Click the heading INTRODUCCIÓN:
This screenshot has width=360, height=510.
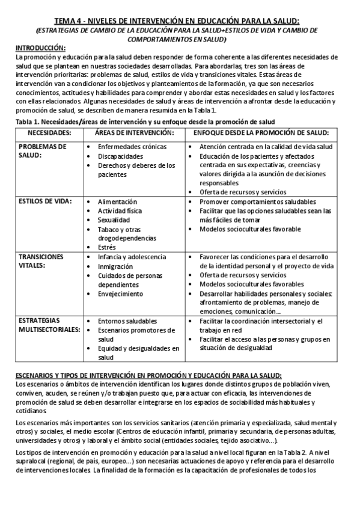point(40,48)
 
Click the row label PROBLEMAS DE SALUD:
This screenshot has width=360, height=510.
point(43,150)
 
